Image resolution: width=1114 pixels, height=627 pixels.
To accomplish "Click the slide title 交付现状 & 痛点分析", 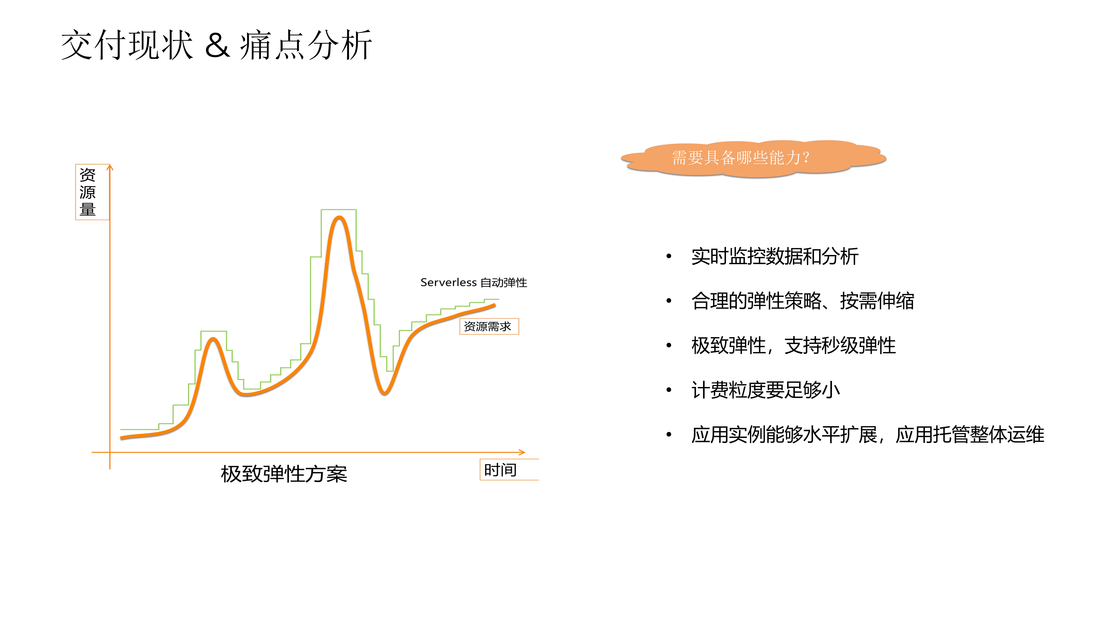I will coord(216,45).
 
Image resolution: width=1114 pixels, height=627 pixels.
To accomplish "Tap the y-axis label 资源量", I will coord(88,192).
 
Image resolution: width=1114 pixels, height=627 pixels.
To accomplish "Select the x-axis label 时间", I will coord(500,470).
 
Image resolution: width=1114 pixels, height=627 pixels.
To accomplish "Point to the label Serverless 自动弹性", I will coord(474,282).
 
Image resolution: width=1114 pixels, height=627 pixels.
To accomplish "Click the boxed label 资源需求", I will coord(488,327).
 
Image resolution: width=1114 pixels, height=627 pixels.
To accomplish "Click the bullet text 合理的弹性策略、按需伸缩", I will coord(803,301).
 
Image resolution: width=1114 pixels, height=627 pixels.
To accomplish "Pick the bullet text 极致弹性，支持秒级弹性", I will coord(793,346).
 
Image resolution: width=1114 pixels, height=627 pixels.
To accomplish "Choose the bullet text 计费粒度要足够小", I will coord(765,390).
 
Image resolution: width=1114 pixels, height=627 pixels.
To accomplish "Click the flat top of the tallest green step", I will coord(339,210).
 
